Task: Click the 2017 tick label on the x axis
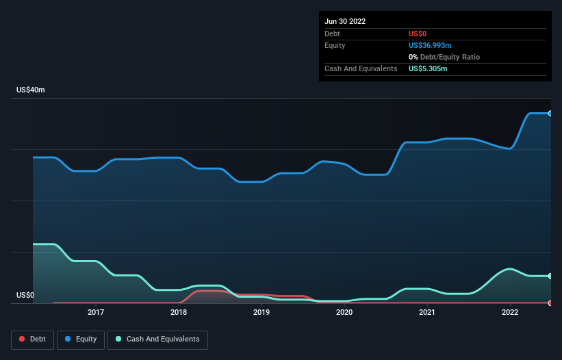click(96, 313)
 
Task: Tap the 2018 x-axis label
click(179, 313)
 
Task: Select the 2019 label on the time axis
click(261, 313)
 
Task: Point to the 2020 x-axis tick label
click(344, 313)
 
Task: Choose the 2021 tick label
click(427, 313)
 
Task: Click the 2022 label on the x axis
click(510, 313)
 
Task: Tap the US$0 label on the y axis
click(25, 296)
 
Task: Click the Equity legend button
click(81, 339)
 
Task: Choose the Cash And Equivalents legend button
click(157, 339)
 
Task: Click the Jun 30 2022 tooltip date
click(345, 21)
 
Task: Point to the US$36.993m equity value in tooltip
click(430, 45)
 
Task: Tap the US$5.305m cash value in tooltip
click(428, 68)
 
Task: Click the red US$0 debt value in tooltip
click(418, 34)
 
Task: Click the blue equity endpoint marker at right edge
click(550, 113)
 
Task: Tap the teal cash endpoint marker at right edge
click(550, 276)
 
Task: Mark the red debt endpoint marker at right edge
click(550, 303)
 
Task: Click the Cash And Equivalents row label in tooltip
click(361, 68)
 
